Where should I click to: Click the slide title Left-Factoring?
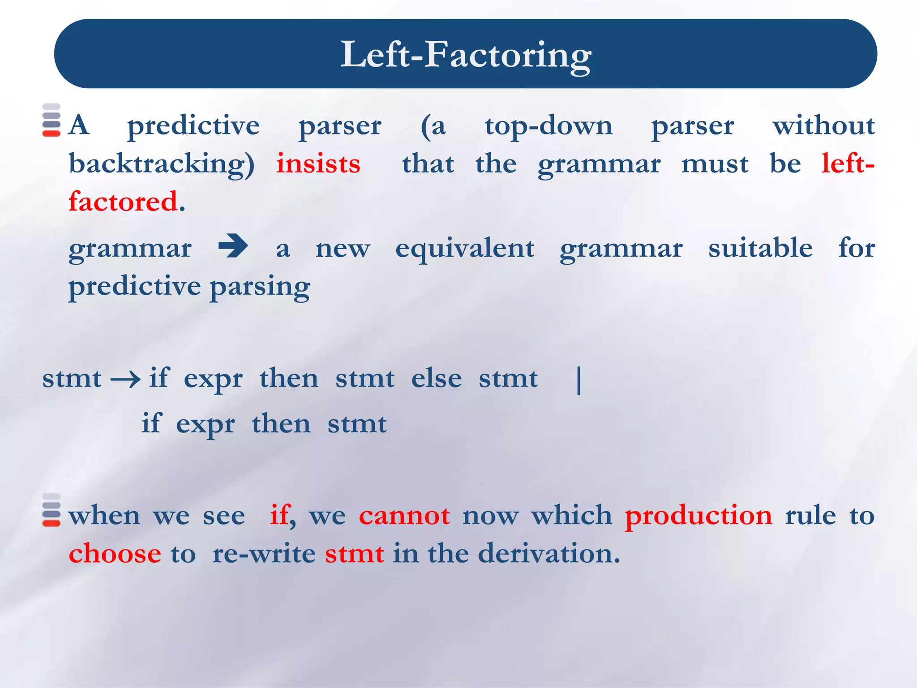[x=466, y=55]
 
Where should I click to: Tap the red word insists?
[x=318, y=164]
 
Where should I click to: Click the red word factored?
[x=123, y=202]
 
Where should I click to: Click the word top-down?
[x=548, y=126]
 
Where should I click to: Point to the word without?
[x=823, y=126]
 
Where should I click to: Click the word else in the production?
[x=436, y=379]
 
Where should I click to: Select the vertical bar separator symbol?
[x=579, y=380]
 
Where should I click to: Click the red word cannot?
[x=404, y=516]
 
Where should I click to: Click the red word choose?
[x=115, y=554]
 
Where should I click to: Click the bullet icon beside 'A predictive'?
[x=51, y=120]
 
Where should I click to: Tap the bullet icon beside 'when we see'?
[x=51, y=510]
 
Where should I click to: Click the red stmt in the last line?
[x=354, y=554]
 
